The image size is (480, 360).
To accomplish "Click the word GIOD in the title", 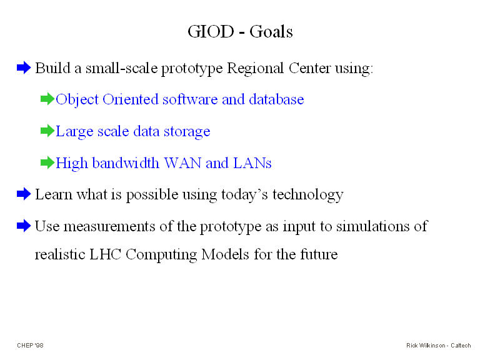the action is pyautogui.click(x=211, y=31).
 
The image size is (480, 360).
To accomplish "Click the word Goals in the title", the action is pyautogui.click(x=271, y=31).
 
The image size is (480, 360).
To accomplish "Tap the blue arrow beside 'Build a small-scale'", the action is pyautogui.click(x=24, y=67).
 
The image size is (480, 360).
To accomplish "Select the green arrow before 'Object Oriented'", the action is pyautogui.click(x=47, y=99).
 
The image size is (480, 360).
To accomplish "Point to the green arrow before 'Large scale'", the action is pyautogui.click(x=47, y=131).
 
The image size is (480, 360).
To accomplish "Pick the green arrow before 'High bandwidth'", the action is pyautogui.click(x=47, y=162).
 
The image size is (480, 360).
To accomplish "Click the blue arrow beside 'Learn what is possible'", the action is pyautogui.click(x=24, y=194).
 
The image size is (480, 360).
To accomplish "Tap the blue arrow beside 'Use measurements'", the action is pyautogui.click(x=24, y=226).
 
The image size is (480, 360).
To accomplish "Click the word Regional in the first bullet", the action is pyautogui.click(x=255, y=69).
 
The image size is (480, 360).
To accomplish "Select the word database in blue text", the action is pyautogui.click(x=276, y=99).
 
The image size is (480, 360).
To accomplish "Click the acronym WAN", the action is pyautogui.click(x=182, y=163).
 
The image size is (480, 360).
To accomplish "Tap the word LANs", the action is pyautogui.click(x=252, y=163).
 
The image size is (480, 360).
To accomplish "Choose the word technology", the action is pyautogui.click(x=308, y=195).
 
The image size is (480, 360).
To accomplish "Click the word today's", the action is pyautogui.click(x=244, y=195).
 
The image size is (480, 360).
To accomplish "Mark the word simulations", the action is pyautogui.click(x=372, y=226).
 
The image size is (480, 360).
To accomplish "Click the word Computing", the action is pyautogui.click(x=161, y=255).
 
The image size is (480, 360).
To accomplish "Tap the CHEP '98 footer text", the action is pyautogui.click(x=30, y=345).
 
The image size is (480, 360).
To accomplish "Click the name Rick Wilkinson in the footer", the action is pyautogui.click(x=426, y=345).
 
